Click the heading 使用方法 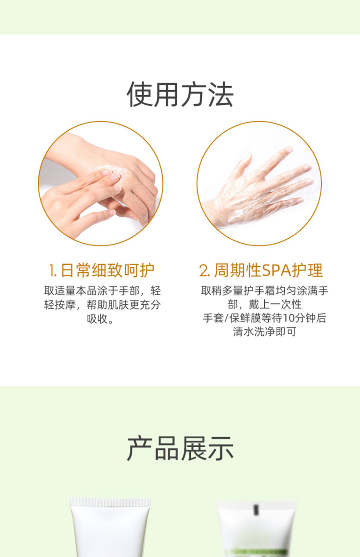tap(180, 94)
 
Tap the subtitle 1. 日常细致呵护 tap(102, 270)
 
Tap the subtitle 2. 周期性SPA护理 tap(261, 270)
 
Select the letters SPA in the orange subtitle tap(277, 270)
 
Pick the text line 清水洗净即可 tap(264, 332)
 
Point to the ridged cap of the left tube tap(110, 502)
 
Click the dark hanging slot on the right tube tap(256, 510)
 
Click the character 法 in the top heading tap(221, 94)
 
